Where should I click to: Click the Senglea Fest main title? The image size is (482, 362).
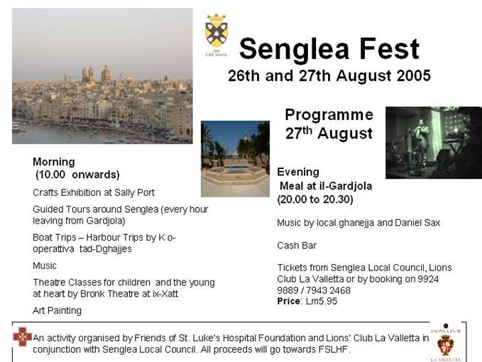(x=329, y=49)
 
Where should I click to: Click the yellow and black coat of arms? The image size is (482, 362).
(x=217, y=31)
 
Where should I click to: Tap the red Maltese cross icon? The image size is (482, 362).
(x=22, y=336)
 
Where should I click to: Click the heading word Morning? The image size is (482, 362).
(x=54, y=162)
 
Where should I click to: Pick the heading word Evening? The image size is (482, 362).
(x=298, y=172)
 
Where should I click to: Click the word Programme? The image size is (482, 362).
(x=329, y=115)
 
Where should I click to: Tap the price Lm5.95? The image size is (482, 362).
(x=322, y=301)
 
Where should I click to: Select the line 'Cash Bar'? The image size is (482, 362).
(x=297, y=246)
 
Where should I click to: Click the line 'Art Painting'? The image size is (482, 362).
(x=57, y=311)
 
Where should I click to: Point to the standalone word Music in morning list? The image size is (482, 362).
(x=45, y=265)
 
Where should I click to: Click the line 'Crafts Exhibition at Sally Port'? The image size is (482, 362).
(x=94, y=192)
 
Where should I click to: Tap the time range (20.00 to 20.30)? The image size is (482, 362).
(x=315, y=199)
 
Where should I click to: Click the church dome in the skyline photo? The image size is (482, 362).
(x=106, y=74)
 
